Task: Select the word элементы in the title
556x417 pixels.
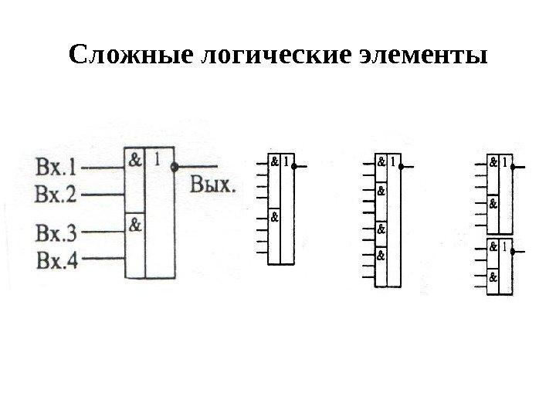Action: [x=423, y=56]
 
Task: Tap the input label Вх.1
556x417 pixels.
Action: [x=56, y=166]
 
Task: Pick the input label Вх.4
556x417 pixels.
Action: [x=56, y=259]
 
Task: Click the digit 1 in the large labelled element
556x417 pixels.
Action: [x=158, y=161]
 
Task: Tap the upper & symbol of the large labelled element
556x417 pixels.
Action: [x=134, y=161]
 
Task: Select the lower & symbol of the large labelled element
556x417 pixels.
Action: [x=134, y=225]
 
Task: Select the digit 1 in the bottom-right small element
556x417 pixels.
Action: [x=503, y=248]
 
